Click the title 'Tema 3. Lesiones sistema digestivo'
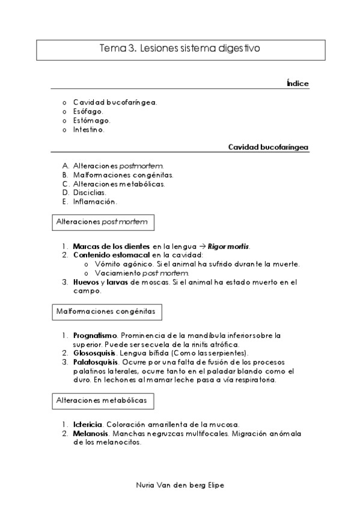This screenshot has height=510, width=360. [180, 49]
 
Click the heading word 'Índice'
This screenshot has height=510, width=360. [297, 83]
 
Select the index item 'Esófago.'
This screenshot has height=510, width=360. [88, 111]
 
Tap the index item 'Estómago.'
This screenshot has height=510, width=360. [91, 120]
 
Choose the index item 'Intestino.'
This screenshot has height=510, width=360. [89, 129]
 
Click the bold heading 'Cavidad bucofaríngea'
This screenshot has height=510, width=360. [269, 147]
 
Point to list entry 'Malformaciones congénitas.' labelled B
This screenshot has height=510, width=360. [123, 174]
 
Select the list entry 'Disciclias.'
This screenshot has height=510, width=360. [90, 192]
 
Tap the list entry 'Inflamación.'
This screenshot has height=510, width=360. [95, 201]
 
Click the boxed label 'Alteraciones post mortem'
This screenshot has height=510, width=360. [101, 222]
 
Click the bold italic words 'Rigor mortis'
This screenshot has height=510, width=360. [228, 246]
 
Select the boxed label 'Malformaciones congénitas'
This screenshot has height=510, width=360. [106, 312]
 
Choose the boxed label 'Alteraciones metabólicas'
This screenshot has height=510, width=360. [101, 400]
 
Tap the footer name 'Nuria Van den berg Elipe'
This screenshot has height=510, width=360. [180, 484]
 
